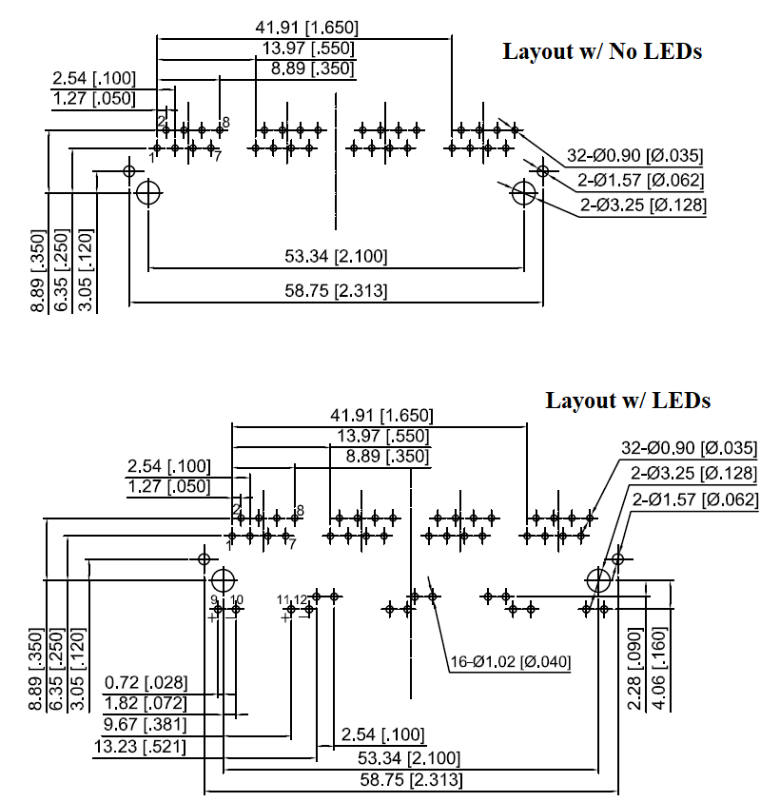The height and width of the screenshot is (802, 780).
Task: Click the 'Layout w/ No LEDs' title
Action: pyautogui.click(x=602, y=51)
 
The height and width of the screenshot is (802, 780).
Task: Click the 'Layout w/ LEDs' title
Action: pyautogui.click(x=628, y=400)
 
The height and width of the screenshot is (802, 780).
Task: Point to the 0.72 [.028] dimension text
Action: pyautogui.click(x=146, y=682)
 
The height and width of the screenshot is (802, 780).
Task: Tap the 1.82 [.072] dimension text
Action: pyautogui.click(x=146, y=703)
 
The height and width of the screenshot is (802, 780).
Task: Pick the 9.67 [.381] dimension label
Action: pyautogui.click(x=146, y=725)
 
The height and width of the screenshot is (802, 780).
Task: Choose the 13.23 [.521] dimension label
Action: pyautogui.click(x=140, y=747)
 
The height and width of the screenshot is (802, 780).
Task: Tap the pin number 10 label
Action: pyautogui.click(x=237, y=599)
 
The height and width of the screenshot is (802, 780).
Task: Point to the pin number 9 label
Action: pyautogui.click(x=215, y=599)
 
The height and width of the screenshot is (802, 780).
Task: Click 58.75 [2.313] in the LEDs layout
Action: pyautogui.click(x=413, y=780)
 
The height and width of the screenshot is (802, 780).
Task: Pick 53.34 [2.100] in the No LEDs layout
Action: pyautogui.click(x=336, y=257)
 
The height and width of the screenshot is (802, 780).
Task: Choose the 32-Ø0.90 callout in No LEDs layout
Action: pyautogui.click(x=634, y=156)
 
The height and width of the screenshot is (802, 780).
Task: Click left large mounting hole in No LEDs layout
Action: pyautogui.click(x=147, y=193)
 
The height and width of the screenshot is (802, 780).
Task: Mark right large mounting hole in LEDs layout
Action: pyautogui.click(x=597, y=579)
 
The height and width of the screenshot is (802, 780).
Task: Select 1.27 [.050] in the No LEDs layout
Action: pyautogui.click(x=94, y=98)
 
